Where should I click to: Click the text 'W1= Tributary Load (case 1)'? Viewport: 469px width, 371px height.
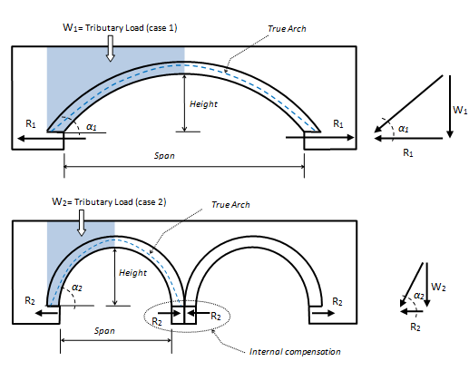pos(120,28)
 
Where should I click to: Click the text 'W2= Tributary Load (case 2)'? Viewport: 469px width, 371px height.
pos(109,202)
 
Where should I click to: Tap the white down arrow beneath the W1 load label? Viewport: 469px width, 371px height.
pos(111,48)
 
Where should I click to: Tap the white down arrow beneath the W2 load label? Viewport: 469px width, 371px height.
pos(82,223)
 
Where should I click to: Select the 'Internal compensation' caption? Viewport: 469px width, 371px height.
pos(295,352)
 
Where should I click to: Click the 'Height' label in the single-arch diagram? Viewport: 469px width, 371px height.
pos(203,104)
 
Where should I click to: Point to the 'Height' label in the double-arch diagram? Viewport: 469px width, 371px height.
pos(132,273)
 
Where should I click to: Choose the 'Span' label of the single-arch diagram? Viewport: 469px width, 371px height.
pos(164,156)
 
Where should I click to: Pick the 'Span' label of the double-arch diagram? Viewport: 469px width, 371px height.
pos(104,331)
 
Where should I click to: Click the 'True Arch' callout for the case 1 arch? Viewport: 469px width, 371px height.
pos(287,29)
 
